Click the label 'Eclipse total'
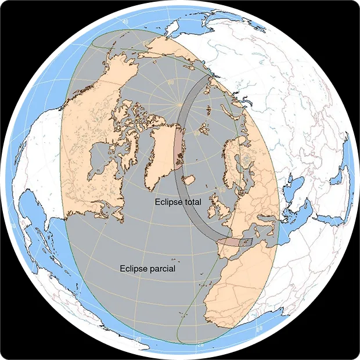pos(178,203)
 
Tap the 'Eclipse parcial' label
pos(147,269)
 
